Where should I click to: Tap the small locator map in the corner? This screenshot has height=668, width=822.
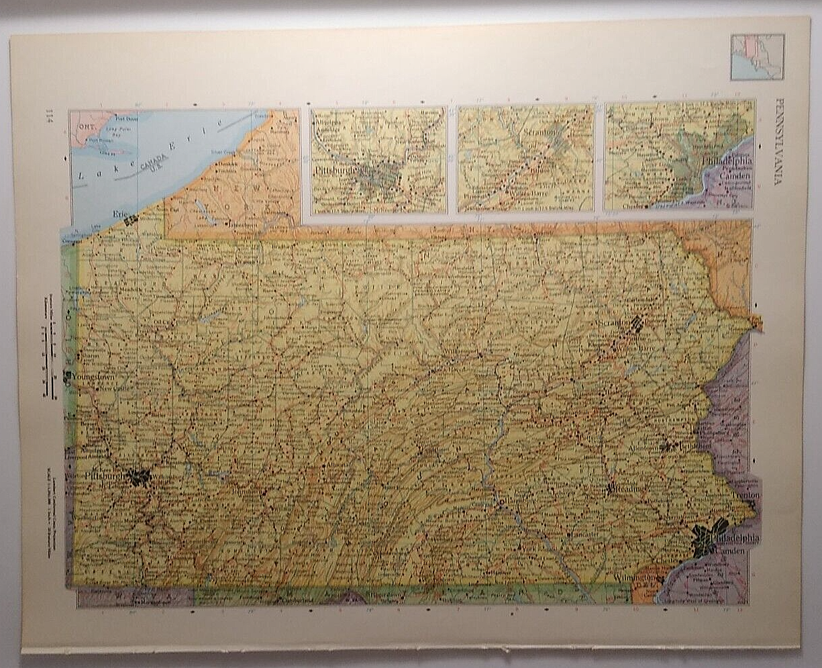click(x=757, y=57)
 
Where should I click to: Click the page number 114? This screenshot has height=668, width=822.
click(x=50, y=114)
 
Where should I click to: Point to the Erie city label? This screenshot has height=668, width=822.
click(x=119, y=213)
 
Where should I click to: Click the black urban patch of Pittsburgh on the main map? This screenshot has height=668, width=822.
click(x=139, y=477)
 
